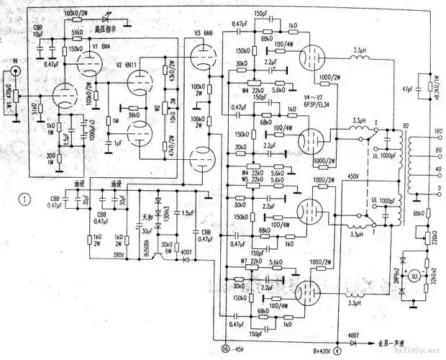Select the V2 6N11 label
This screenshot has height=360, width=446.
pos(128,64)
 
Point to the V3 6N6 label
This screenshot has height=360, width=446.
pos(202,33)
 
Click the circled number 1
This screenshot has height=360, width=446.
pos(27,199)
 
